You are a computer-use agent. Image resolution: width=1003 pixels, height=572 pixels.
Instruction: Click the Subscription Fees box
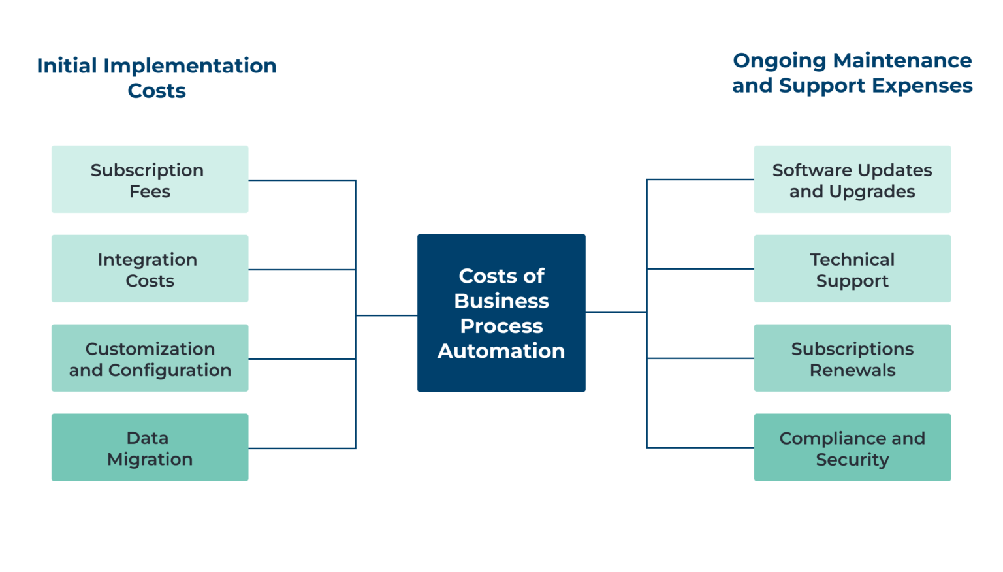tap(150, 180)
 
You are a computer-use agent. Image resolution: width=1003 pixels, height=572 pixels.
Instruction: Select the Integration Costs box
tap(150, 269)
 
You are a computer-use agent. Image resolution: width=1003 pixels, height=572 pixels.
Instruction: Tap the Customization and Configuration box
tap(150, 358)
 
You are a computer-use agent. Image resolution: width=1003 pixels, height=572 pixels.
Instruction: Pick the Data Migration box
tap(150, 448)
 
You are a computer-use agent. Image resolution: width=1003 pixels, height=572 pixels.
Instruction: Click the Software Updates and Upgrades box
tap(852, 180)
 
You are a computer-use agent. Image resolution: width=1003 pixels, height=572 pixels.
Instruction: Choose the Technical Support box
tap(852, 269)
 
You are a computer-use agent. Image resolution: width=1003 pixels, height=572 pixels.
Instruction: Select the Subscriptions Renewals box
tap(852, 358)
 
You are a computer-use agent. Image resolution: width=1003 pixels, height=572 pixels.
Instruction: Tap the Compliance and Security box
tap(852, 448)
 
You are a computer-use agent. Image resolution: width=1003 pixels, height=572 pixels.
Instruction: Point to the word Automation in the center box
tap(501, 351)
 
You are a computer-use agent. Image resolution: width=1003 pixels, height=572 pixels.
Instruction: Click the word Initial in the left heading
tap(67, 66)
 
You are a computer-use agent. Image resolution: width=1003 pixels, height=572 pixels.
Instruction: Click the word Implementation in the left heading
tap(190, 66)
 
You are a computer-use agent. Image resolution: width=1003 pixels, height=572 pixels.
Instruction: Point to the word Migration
tap(150, 460)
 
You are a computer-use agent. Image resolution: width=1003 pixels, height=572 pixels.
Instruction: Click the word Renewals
tap(852, 370)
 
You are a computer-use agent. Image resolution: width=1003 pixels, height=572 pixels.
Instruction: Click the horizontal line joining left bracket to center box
tap(387, 315)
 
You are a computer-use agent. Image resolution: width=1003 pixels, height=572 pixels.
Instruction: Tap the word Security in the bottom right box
tap(852, 460)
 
